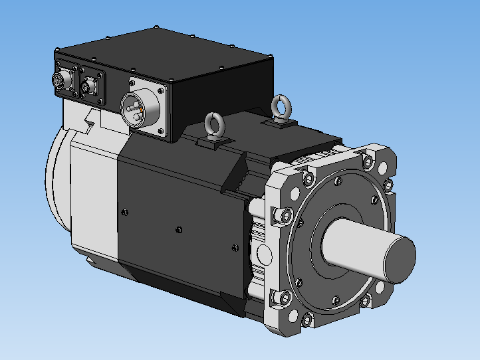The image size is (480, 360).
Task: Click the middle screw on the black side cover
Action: coord(178,230)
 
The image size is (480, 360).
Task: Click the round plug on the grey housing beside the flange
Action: coord(263,255)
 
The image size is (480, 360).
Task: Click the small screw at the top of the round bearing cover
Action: coord(339,181)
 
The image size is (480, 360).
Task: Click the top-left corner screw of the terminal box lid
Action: coord(59,50)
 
